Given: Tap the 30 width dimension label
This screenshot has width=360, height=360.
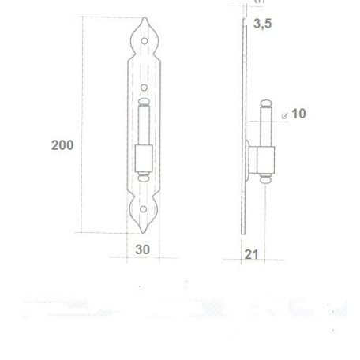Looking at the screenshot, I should coord(143,249).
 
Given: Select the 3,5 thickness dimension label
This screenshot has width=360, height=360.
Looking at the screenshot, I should coord(264,25).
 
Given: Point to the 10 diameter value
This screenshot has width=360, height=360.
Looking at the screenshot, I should coord(298,114).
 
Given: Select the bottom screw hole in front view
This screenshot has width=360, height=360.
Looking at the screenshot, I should coord(144,210).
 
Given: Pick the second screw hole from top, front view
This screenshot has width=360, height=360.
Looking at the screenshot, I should coord(144,86).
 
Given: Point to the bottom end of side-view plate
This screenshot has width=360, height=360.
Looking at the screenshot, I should coord(243,231).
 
